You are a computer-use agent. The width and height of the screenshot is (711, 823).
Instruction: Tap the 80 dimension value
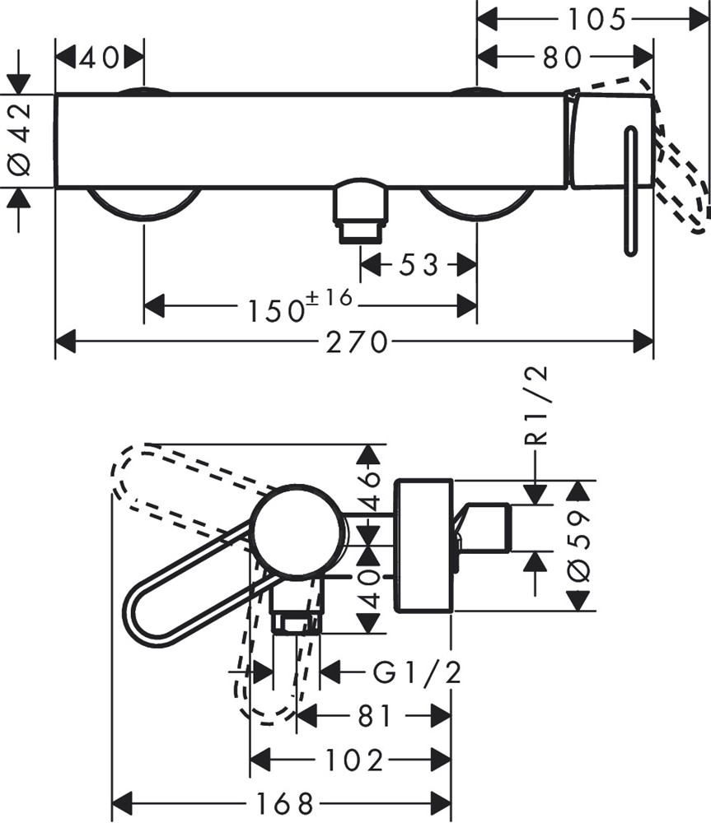[x=563, y=57]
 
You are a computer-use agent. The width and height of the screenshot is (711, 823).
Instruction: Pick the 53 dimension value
[x=419, y=265]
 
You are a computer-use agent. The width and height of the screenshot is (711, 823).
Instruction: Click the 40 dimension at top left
[x=100, y=57]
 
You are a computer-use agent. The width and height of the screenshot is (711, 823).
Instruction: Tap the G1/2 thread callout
[x=417, y=672]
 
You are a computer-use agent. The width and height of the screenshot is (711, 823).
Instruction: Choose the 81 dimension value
[x=375, y=716]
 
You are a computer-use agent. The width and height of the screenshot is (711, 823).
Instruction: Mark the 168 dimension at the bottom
[x=282, y=801]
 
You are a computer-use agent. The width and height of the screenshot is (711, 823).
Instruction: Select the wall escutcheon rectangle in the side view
[x=423, y=545]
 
